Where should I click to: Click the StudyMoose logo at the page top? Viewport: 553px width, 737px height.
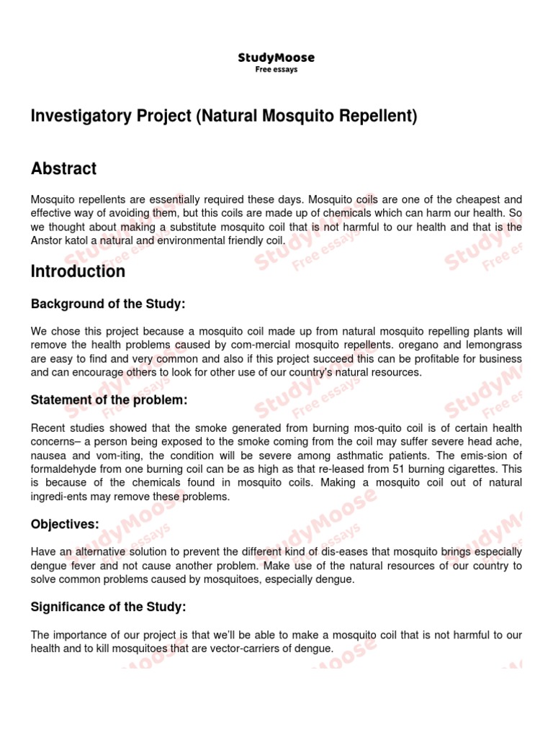point(276,58)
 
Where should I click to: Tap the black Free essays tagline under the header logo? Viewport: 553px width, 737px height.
point(276,70)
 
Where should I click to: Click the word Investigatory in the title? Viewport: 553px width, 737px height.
point(75,117)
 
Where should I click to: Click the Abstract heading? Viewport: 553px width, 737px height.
point(63,169)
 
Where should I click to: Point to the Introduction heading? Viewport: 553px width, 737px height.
point(78,271)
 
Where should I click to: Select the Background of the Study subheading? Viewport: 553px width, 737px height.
point(108,304)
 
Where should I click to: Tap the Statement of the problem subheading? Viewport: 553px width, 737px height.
point(109,400)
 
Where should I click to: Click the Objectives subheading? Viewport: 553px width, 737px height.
point(65,524)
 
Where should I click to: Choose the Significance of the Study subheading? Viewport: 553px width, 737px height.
point(108,607)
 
